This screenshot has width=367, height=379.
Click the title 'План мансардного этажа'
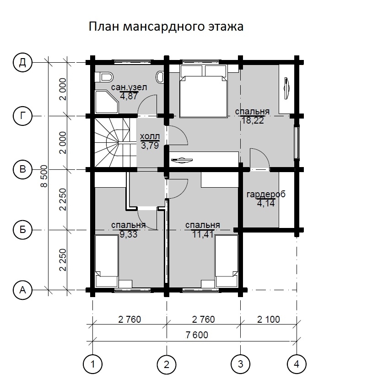[x=165, y=27]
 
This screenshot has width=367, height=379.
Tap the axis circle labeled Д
[x=22, y=62]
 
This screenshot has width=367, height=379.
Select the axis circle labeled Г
[x=22, y=116]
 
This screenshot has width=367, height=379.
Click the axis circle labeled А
[x=22, y=289]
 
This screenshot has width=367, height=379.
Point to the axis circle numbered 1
[x=93, y=365]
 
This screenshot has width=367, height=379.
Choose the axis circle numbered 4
[x=297, y=365]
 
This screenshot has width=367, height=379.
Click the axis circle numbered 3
[x=240, y=365]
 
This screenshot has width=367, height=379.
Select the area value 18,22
[x=252, y=120]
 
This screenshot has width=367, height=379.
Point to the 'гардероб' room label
[x=265, y=194]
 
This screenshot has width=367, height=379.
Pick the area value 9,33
[x=129, y=234]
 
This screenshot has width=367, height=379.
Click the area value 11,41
[x=203, y=234]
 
